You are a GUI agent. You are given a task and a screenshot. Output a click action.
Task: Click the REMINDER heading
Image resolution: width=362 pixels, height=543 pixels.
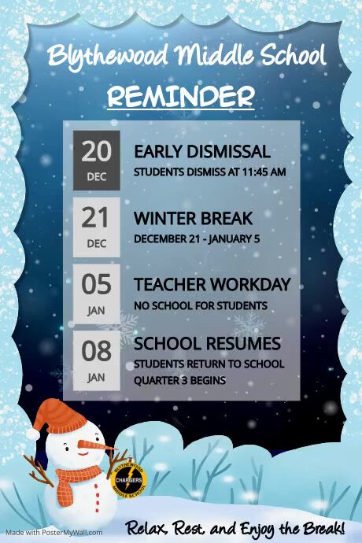(181, 97)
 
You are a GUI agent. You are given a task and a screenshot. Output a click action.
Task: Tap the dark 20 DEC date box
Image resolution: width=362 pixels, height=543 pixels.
(97, 161)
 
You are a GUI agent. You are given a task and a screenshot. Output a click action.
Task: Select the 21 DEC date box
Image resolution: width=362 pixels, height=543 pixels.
(97, 227)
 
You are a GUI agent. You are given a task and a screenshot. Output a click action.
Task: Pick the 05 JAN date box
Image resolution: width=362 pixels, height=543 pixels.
(97, 294)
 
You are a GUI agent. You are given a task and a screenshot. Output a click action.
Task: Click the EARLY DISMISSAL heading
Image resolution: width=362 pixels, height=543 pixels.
(202, 152)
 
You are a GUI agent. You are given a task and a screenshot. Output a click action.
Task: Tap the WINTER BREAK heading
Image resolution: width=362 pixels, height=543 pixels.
(193, 218)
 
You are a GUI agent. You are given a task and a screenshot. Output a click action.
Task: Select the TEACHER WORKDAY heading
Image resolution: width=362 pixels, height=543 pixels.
(212, 285)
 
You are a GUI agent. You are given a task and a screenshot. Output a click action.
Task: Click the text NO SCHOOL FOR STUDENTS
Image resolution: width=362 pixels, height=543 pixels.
(201, 305)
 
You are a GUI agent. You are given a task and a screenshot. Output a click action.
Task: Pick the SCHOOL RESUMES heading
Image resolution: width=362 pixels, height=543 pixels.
(207, 344)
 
